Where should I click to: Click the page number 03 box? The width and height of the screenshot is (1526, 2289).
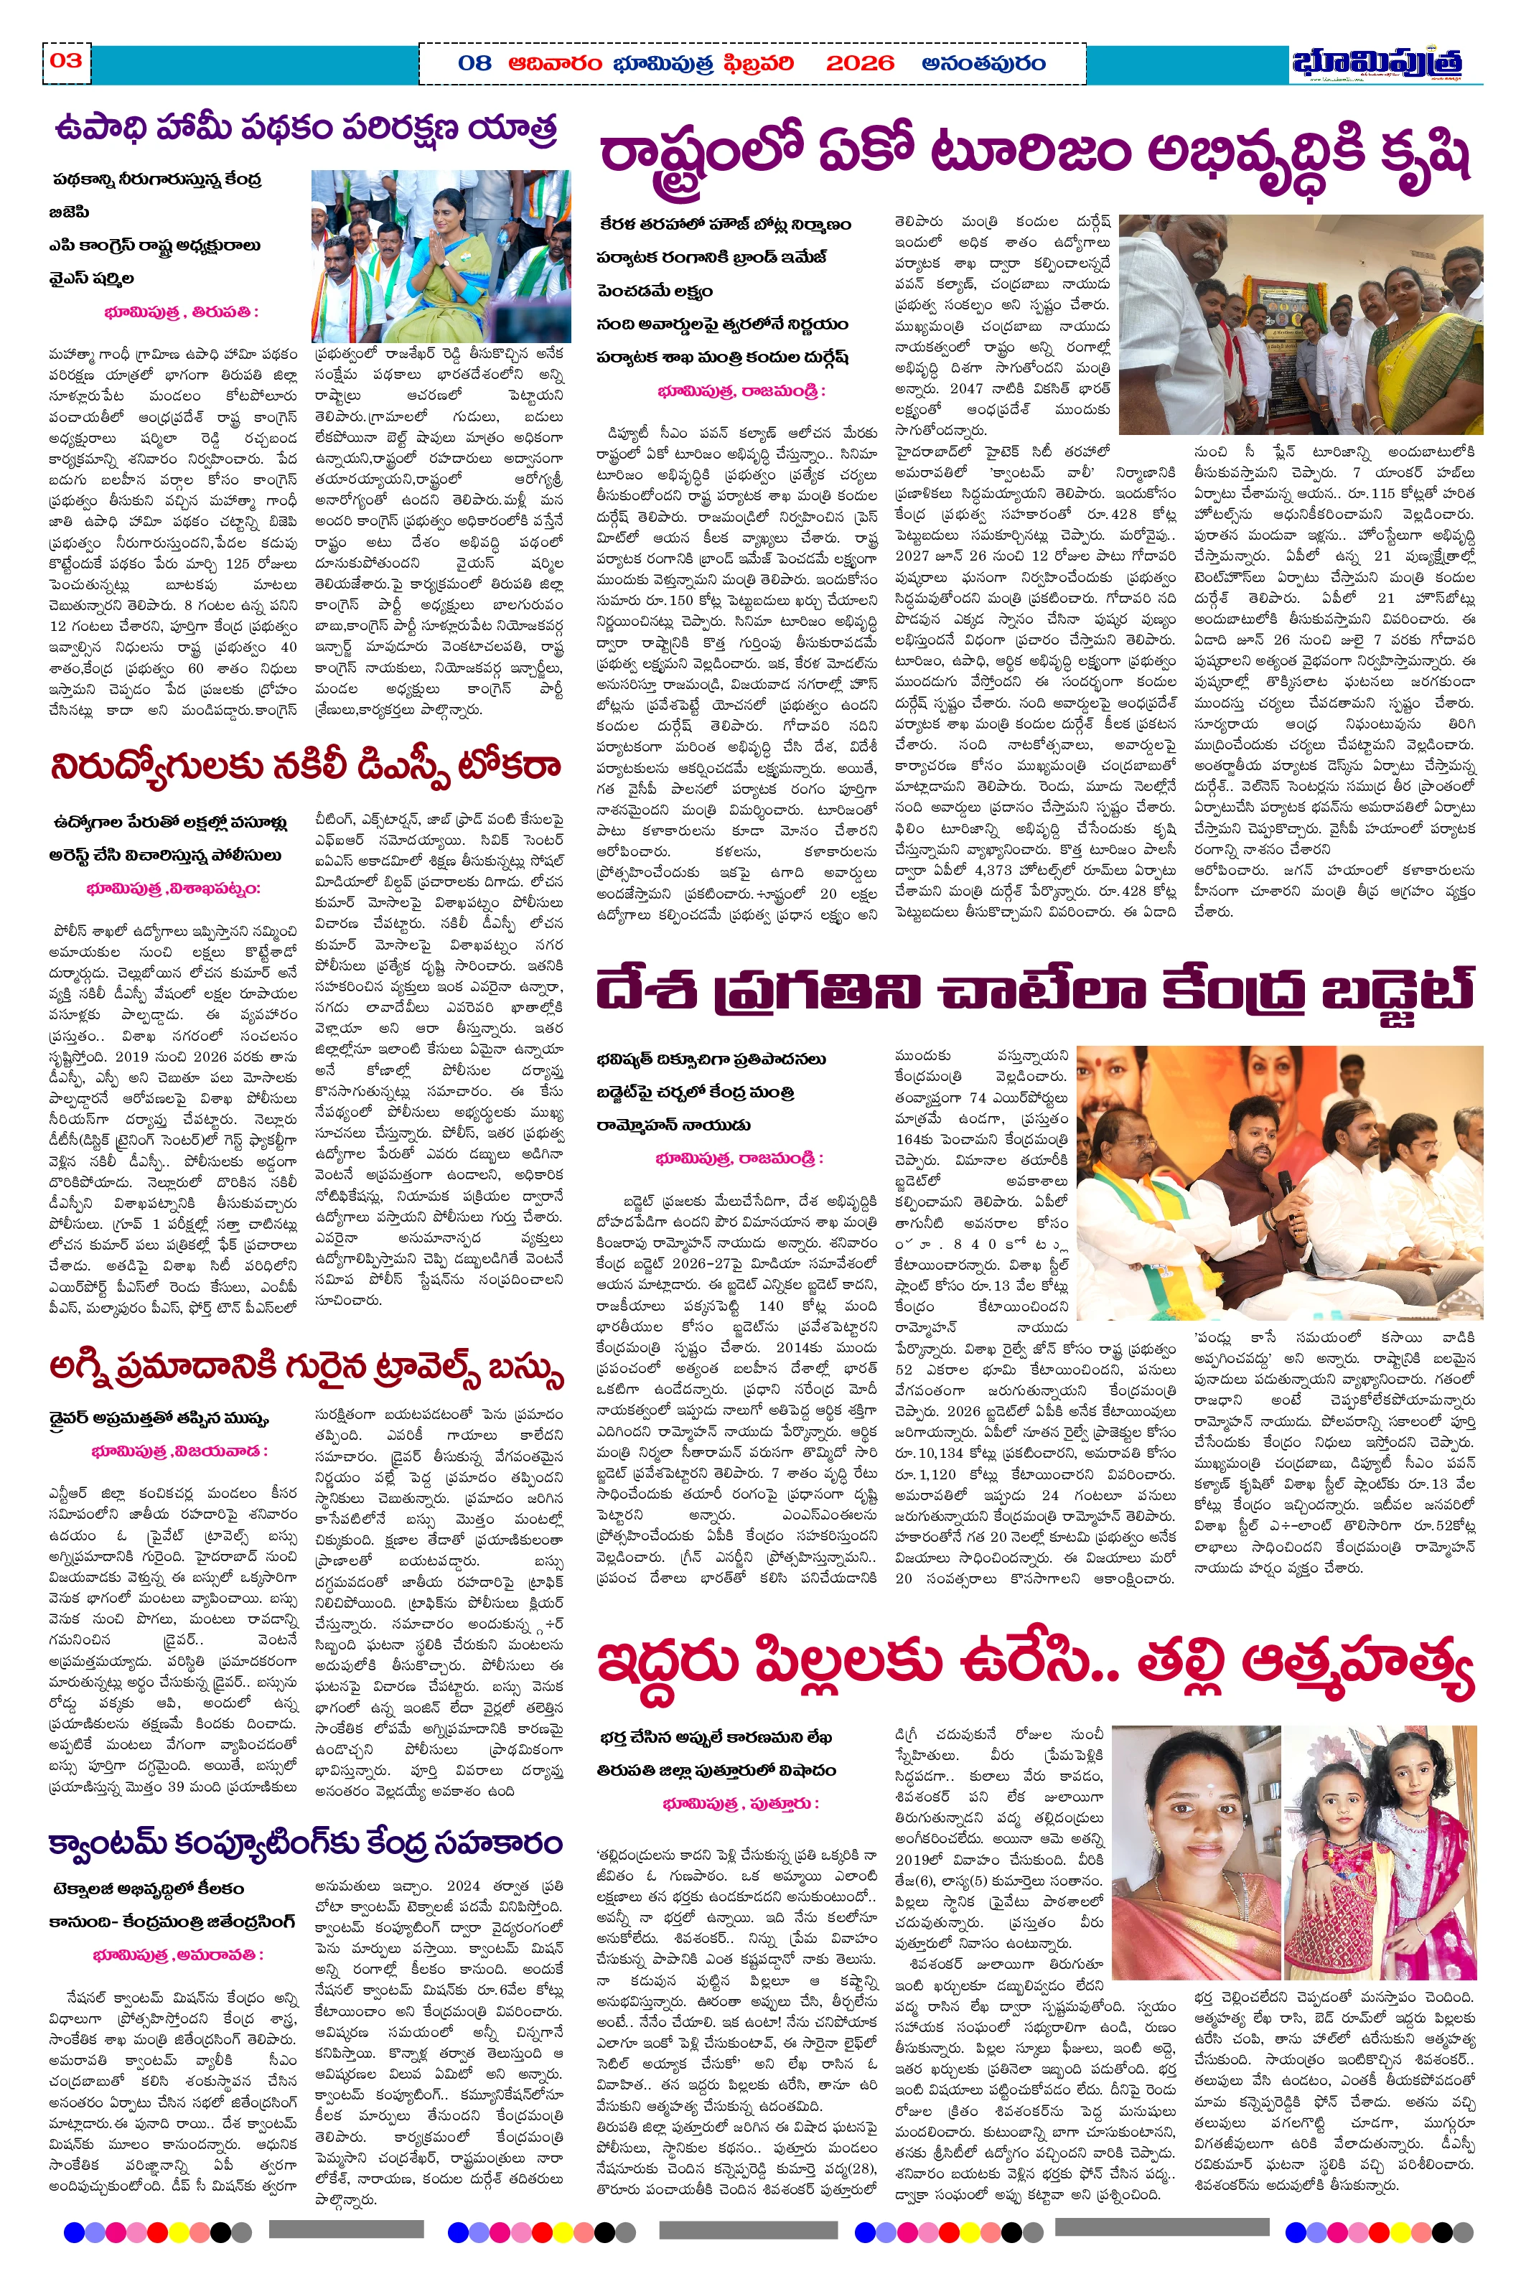(66, 61)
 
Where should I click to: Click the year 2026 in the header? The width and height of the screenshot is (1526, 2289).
(858, 63)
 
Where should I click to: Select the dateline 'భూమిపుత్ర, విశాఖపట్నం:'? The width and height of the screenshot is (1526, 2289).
(173, 889)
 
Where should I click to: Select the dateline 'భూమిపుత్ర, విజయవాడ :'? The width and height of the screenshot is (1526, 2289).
(179, 1451)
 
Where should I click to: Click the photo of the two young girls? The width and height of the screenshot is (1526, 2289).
(1380, 1840)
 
